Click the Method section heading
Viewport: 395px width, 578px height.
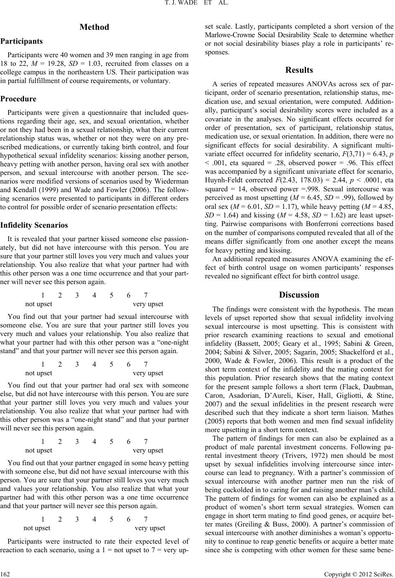point(94,27)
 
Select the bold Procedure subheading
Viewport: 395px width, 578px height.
point(19,99)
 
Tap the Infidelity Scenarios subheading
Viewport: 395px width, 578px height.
point(34,225)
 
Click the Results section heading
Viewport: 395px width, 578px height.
point(300,70)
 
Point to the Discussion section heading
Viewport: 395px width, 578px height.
point(299,295)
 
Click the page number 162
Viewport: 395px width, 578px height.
point(6,572)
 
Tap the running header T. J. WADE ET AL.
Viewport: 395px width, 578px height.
point(197,5)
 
